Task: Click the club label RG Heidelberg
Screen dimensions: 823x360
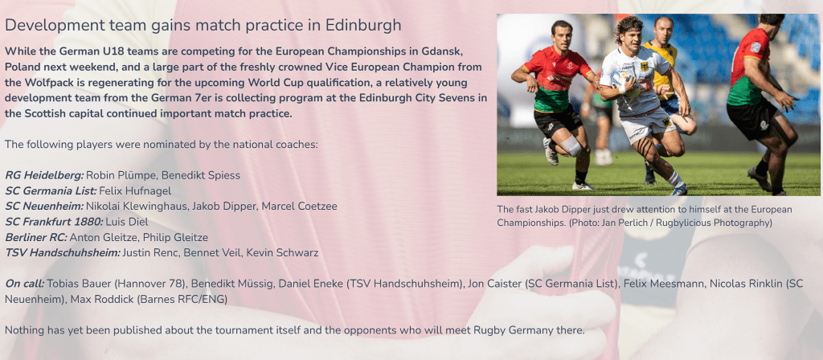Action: coord(44,175)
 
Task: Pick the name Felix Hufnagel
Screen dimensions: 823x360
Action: coord(135,190)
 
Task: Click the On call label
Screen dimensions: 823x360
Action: coord(25,284)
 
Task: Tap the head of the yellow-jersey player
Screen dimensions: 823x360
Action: coord(663,31)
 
